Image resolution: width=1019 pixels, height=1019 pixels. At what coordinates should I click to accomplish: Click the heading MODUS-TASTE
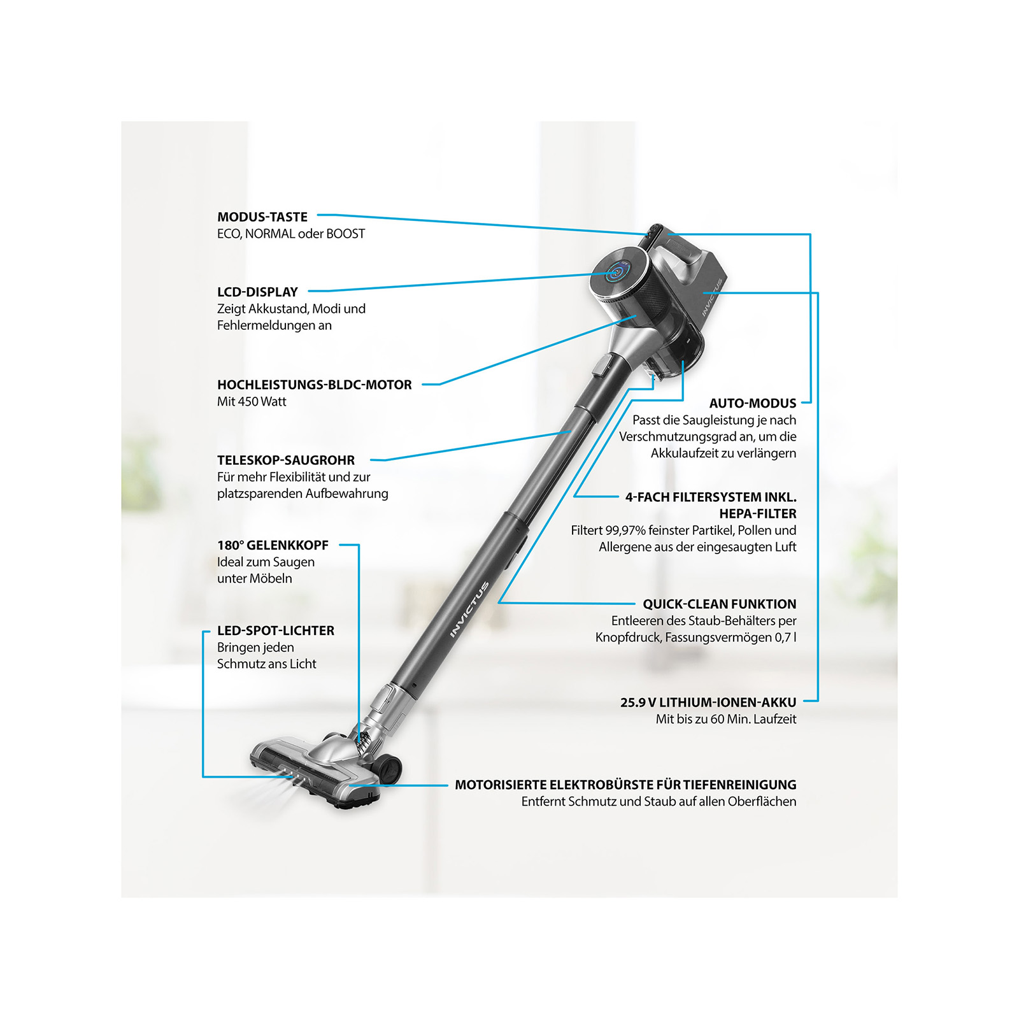coord(262,217)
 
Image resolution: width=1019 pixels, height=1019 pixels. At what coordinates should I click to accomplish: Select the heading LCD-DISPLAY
coord(257,292)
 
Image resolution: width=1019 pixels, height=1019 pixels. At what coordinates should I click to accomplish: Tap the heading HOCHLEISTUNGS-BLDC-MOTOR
coord(315,385)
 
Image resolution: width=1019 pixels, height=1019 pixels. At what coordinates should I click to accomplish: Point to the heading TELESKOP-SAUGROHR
coord(286,460)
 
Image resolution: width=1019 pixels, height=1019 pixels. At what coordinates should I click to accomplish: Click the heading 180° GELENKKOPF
coord(273,545)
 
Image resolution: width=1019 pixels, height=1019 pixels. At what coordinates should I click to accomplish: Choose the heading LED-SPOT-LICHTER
coord(276,631)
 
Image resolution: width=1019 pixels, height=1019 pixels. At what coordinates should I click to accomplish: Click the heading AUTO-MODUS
coord(753,403)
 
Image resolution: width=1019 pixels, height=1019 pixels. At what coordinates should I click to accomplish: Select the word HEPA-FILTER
coord(758,513)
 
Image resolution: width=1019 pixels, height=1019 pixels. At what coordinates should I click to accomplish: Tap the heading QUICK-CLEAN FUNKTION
coord(720,604)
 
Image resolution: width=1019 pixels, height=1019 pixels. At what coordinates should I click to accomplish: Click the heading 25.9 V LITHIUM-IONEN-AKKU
coord(708,702)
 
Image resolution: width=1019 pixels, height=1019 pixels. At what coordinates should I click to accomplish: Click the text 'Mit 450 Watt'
coord(252,402)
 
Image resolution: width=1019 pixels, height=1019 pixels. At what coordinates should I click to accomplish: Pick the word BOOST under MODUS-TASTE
coord(346,234)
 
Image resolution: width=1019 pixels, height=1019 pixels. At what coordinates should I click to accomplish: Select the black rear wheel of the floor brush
coord(390,769)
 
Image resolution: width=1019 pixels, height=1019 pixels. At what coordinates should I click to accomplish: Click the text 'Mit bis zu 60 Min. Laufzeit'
coord(726,719)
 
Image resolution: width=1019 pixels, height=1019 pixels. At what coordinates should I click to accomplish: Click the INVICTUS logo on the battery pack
coord(713,297)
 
